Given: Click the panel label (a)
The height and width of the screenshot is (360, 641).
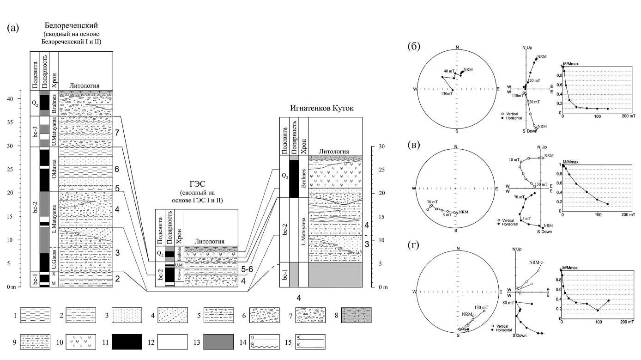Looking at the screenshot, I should tap(13, 28).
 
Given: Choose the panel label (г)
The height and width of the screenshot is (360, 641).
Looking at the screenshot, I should tap(414, 245).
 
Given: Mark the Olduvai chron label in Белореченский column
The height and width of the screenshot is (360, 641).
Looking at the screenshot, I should tap(54, 169).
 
